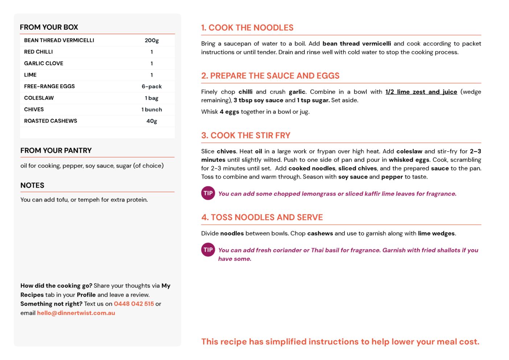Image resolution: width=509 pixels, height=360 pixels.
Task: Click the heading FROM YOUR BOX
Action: coord(49,27)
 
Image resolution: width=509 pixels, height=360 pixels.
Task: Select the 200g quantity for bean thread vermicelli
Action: coord(152,40)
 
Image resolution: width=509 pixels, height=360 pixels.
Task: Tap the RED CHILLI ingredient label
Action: coord(38,52)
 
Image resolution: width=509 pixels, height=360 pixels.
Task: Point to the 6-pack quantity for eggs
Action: coord(152,86)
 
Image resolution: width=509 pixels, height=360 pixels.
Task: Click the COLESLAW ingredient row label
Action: coord(39,98)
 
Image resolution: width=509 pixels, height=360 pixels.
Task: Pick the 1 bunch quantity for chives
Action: coord(152,110)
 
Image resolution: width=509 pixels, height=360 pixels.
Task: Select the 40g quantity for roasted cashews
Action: coord(152,121)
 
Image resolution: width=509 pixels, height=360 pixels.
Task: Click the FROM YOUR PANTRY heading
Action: coord(56,151)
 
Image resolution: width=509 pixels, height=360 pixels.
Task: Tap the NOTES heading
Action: coord(32,185)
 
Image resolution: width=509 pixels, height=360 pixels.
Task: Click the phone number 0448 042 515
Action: coord(134,304)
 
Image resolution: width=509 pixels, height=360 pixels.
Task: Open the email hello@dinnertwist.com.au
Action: coord(76,313)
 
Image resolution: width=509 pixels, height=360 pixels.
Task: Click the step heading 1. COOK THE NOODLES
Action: coord(247,28)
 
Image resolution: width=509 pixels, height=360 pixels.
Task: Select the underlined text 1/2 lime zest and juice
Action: coord(421,92)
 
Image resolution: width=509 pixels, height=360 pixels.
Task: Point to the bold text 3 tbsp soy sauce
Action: coord(258,101)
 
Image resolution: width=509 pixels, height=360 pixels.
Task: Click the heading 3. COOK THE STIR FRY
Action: coord(246,135)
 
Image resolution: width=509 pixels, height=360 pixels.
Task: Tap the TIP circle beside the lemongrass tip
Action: coord(208,193)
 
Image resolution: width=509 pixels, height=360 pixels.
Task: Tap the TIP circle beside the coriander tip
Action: coord(208,250)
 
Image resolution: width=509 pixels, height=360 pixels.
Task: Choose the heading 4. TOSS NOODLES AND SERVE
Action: coord(262,217)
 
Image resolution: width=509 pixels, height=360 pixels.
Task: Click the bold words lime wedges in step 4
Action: coord(436,233)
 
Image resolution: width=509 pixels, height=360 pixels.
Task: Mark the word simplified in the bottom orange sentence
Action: coord(286,341)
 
